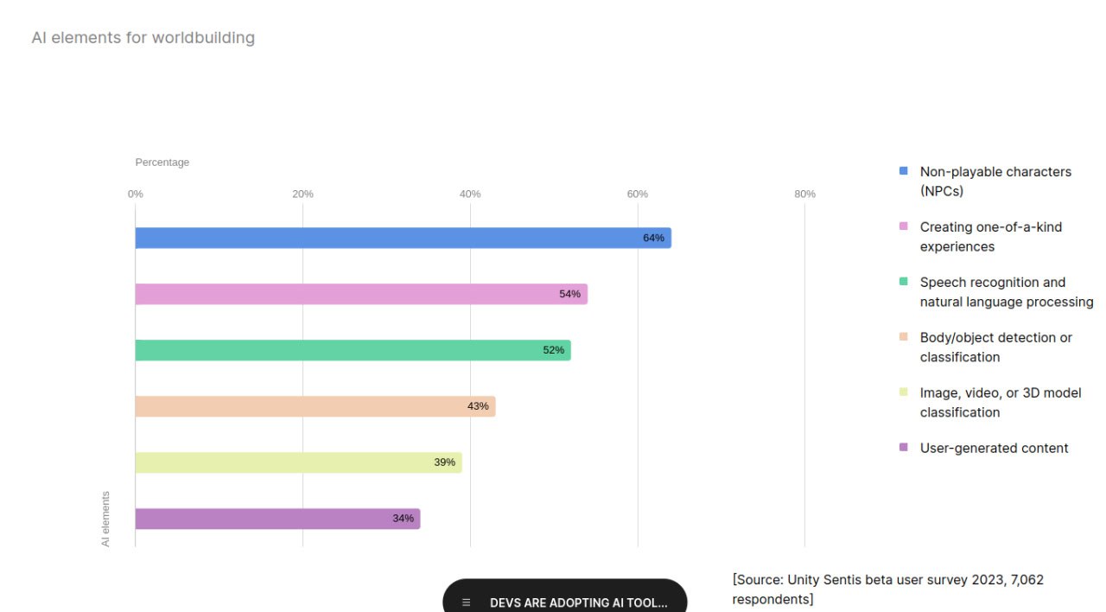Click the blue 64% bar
coord(403,238)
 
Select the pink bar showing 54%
coord(361,294)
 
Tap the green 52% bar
coord(353,350)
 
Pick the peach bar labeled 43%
coord(315,406)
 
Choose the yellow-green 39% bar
coord(298,462)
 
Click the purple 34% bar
coord(277,519)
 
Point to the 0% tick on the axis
coord(136,194)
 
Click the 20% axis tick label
coord(302,194)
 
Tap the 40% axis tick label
coord(470,194)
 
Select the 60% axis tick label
coord(638,194)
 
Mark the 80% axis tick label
coord(804,194)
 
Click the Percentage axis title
coord(162,163)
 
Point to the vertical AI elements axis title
coord(106,519)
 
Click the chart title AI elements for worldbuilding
coord(143,38)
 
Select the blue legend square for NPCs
coord(904,171)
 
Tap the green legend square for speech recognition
coord(904,282)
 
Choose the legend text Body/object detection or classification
coord(995,347)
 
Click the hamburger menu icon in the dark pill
coord(467,602)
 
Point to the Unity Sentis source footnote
coord(888,589)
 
